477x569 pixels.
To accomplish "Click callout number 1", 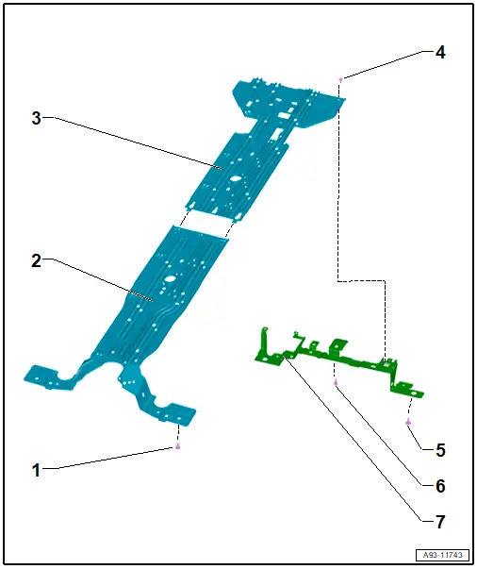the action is [36, 470].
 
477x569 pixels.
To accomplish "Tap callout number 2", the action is [36, 261].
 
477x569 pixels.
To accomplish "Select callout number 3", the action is [36, 118].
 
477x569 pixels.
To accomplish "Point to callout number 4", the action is [440, 53].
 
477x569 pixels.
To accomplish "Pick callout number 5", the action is [440, 450].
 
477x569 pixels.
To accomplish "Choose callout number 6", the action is [440, 486].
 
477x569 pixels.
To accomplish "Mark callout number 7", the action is [440, 522].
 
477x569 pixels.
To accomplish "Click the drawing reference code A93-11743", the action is [442, 555].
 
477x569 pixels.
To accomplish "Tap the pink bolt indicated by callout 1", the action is [177, 446].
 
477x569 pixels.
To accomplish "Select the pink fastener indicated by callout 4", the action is [340, 79].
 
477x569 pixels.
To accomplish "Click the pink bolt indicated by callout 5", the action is [408, 422].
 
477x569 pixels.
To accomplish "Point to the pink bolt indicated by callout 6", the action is [336, 382].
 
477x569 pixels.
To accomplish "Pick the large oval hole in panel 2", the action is [170, 278].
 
